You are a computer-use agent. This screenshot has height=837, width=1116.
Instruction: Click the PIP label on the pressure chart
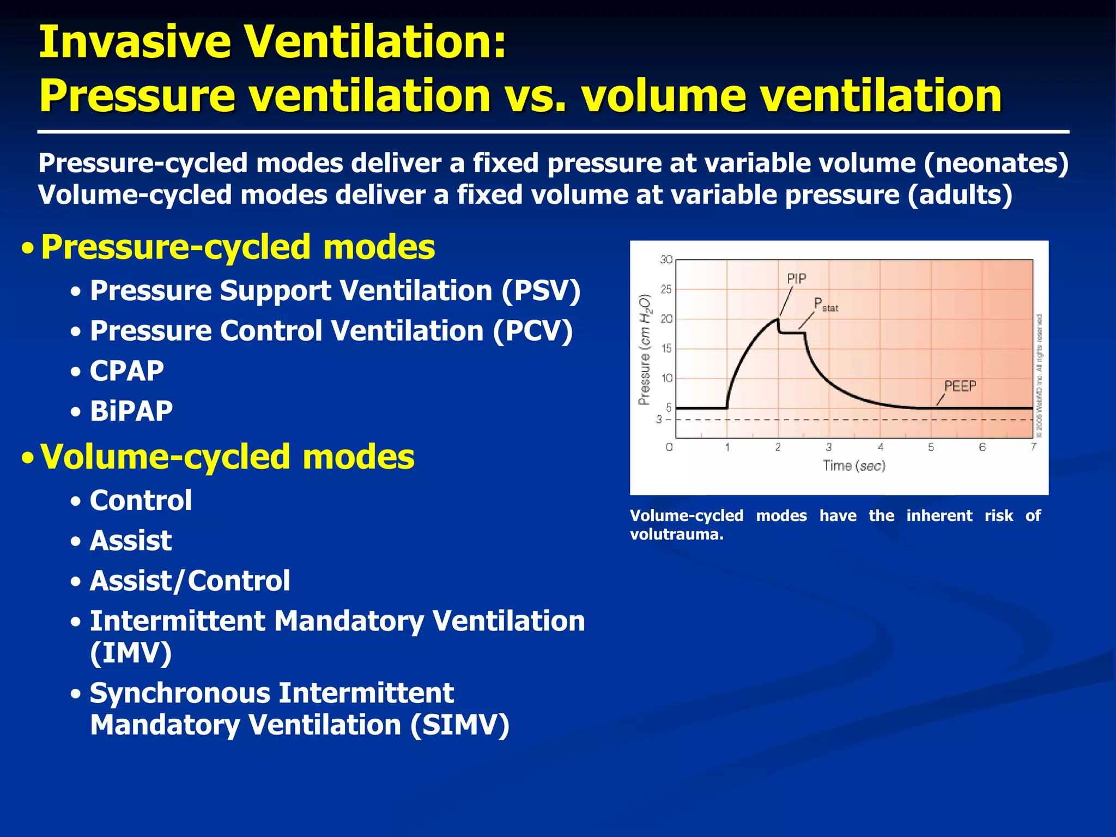click(x=796, y=279)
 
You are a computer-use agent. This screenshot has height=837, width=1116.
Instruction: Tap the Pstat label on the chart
click(x=825, y=305)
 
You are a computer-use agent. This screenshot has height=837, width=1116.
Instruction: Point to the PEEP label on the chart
click(x=960, y=386)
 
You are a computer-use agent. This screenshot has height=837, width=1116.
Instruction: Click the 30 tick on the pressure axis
click(x=666, y=260)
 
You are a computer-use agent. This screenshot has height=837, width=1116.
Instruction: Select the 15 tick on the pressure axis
click(x=666, y=349)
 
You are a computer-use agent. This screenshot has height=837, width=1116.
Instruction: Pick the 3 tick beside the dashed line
click(x=659, y=420)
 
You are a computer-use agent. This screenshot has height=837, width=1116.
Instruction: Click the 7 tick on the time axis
click(x=1033, y=447)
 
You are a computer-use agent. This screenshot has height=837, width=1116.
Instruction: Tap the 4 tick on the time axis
click(x=880, y=447)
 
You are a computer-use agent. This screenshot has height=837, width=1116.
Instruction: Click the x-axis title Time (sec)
click(x=854, y=466)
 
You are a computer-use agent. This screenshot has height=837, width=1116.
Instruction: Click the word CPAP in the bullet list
click(x=126, y=372)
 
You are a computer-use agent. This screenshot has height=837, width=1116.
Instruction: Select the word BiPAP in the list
click(x=131, y=411)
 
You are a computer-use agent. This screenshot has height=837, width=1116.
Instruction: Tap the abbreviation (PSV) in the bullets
click(x=541, y=291)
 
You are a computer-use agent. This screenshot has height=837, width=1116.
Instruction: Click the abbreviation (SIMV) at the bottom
click(x=459, y=725)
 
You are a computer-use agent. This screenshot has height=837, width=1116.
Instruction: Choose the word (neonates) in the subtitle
click(x=996, y=163)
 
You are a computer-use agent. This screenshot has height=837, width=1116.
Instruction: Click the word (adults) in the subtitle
click(x=960, y=195)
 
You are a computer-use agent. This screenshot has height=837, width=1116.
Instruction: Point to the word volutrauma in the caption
click(x=676, y=535)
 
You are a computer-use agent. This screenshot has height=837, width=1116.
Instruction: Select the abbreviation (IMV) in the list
click(x=131, y=653)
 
